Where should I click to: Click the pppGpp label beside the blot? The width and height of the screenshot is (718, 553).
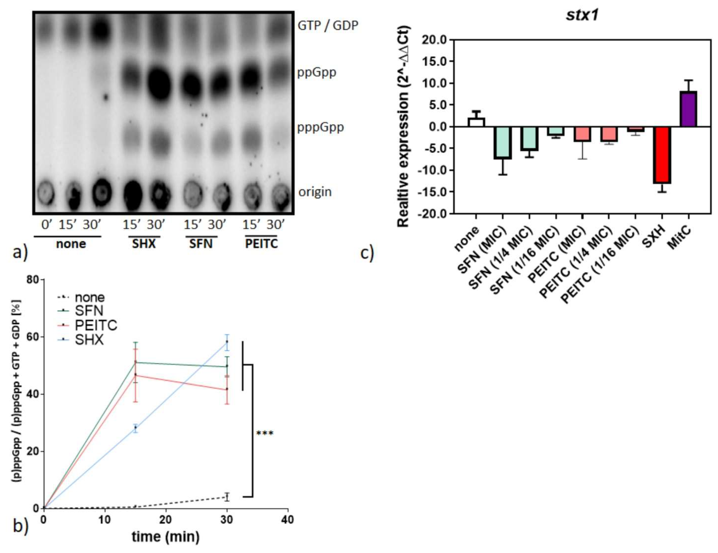pyautogui.click(x=321, y=127)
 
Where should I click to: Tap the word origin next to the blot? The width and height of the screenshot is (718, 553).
pyautogui.click(x=315, y=192)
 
